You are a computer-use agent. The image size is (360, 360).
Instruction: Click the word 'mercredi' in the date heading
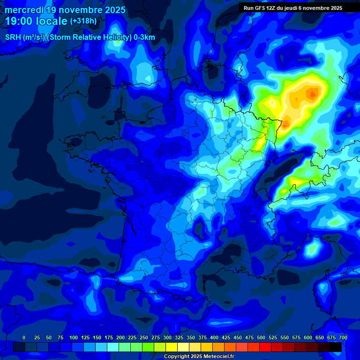click(x=24, y=10)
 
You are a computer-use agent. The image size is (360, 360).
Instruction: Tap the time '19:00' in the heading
click(x=19, y=21)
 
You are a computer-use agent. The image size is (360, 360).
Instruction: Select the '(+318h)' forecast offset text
click(x=83, y=21)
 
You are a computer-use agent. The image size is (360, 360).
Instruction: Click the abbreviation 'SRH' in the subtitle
click(x=13, y=37)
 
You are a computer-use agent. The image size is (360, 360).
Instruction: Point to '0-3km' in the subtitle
click(x=145, y=37)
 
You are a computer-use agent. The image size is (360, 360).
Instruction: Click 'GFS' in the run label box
click(x=259, y=8)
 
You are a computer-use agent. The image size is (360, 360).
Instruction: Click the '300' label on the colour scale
click(x=167, y=337)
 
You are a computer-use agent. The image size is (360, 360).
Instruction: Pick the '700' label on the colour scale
click(x=343, y=337)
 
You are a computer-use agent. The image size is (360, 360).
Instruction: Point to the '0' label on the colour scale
click(x=24, y=337)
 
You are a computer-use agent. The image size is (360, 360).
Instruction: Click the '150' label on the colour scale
click(x=97, y=337)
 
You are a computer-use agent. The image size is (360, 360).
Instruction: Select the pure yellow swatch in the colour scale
click(x=172, y=347)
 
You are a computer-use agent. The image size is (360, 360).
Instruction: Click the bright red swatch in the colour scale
click(x=265, y=347)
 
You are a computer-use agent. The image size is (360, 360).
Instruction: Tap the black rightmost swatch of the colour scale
click(x=336, y=347)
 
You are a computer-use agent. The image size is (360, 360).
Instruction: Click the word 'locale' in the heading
click(x=50, y=21)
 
